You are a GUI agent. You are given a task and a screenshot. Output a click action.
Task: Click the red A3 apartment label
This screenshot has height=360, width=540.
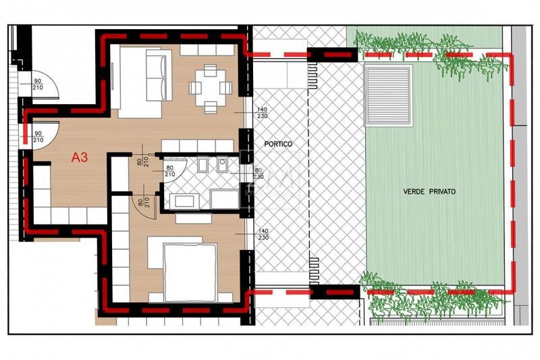pos(80,157)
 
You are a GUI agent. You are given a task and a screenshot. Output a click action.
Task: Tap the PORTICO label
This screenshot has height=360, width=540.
pos(278,144)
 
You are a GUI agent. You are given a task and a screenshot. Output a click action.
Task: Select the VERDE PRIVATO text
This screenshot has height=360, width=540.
pos(429,192)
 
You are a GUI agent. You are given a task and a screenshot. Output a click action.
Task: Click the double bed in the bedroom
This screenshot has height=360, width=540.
pos(190,272)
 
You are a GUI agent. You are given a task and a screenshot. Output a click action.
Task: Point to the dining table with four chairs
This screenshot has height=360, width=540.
pos(211,88)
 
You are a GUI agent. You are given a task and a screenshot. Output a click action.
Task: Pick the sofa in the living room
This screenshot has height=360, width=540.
pos(159,75)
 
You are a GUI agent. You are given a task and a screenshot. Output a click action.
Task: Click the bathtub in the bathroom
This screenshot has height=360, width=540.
pos(184,201)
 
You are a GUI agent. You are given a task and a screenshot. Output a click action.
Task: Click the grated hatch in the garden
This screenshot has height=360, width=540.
pos(388,95)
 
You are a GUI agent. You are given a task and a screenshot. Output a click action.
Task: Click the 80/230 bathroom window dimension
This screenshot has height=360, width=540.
pos(259,174)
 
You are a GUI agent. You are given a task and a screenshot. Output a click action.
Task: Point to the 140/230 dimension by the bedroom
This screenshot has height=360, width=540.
pos(263,234)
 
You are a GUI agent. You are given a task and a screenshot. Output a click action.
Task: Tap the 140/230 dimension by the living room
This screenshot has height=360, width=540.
pos(262,113)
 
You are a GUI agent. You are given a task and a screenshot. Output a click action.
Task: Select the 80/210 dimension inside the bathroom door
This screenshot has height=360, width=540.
pos(170,171)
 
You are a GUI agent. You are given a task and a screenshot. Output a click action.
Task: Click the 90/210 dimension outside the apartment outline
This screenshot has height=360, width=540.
pos(38,84)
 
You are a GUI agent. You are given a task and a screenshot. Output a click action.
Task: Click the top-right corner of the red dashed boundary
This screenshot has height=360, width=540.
pos(510,55)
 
